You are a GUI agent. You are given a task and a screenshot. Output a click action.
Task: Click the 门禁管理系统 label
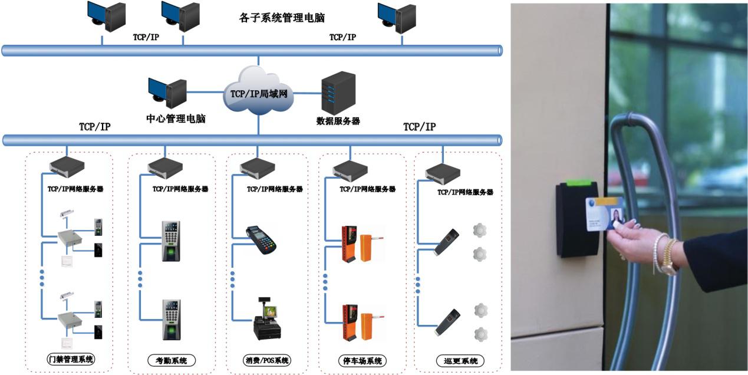point(71,360)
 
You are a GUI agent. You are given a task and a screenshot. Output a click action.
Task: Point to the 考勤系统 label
point(170,360)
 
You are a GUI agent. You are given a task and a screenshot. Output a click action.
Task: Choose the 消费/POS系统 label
point(267,360)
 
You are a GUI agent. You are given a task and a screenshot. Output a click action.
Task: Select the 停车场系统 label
point(363,360)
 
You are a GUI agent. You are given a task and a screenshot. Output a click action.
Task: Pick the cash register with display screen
point(266,321)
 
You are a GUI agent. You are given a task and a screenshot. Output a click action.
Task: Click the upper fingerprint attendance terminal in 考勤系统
point(172,241)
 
